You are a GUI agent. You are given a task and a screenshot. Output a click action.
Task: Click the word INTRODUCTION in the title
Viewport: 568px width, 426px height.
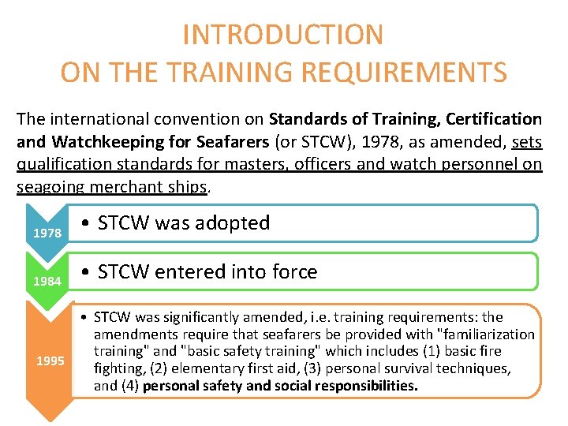283,35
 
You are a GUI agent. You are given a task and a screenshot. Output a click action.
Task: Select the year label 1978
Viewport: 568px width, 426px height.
47,234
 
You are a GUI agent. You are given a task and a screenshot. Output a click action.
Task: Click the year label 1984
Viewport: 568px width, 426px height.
47,282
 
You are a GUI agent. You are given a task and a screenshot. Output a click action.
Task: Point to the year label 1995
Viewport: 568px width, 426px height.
50,361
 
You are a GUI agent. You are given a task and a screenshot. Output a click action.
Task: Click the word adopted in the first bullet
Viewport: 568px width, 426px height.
236,223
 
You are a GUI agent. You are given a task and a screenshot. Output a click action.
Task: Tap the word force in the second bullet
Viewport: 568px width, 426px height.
291,272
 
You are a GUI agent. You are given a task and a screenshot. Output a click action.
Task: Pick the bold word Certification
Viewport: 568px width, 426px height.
494,120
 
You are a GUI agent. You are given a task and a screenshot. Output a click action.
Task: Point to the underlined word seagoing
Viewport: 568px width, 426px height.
50,188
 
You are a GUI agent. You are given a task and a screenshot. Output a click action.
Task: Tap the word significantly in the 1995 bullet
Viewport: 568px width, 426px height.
207,317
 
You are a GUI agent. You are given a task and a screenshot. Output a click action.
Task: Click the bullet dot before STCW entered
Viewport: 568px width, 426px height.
86,273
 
